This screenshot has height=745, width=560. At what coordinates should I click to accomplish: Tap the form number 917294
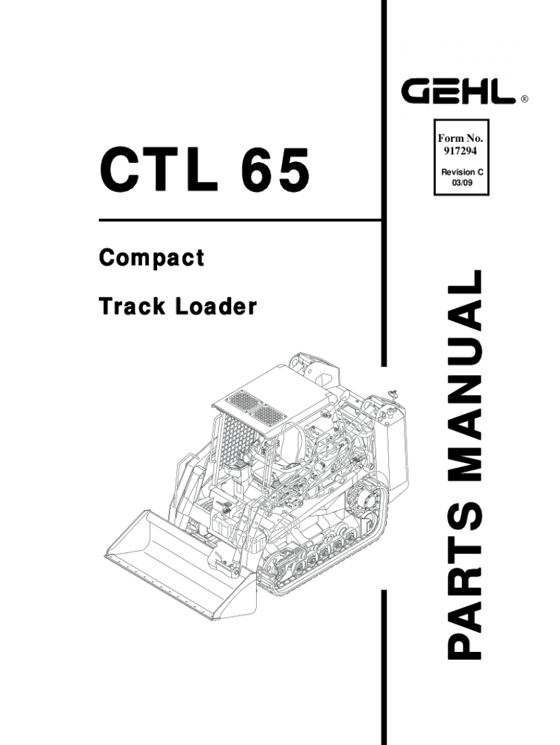(x=460, y=151)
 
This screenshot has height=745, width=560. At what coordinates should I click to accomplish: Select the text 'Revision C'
(x=460, y=172)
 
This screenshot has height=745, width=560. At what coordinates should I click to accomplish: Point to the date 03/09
(x=460, y=183)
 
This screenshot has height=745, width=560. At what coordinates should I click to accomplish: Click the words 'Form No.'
(x=460, y=139)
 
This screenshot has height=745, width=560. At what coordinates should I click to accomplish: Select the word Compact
(x=151, y=258)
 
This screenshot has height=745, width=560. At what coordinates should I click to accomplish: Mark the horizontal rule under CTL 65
(x=240, y=220)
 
